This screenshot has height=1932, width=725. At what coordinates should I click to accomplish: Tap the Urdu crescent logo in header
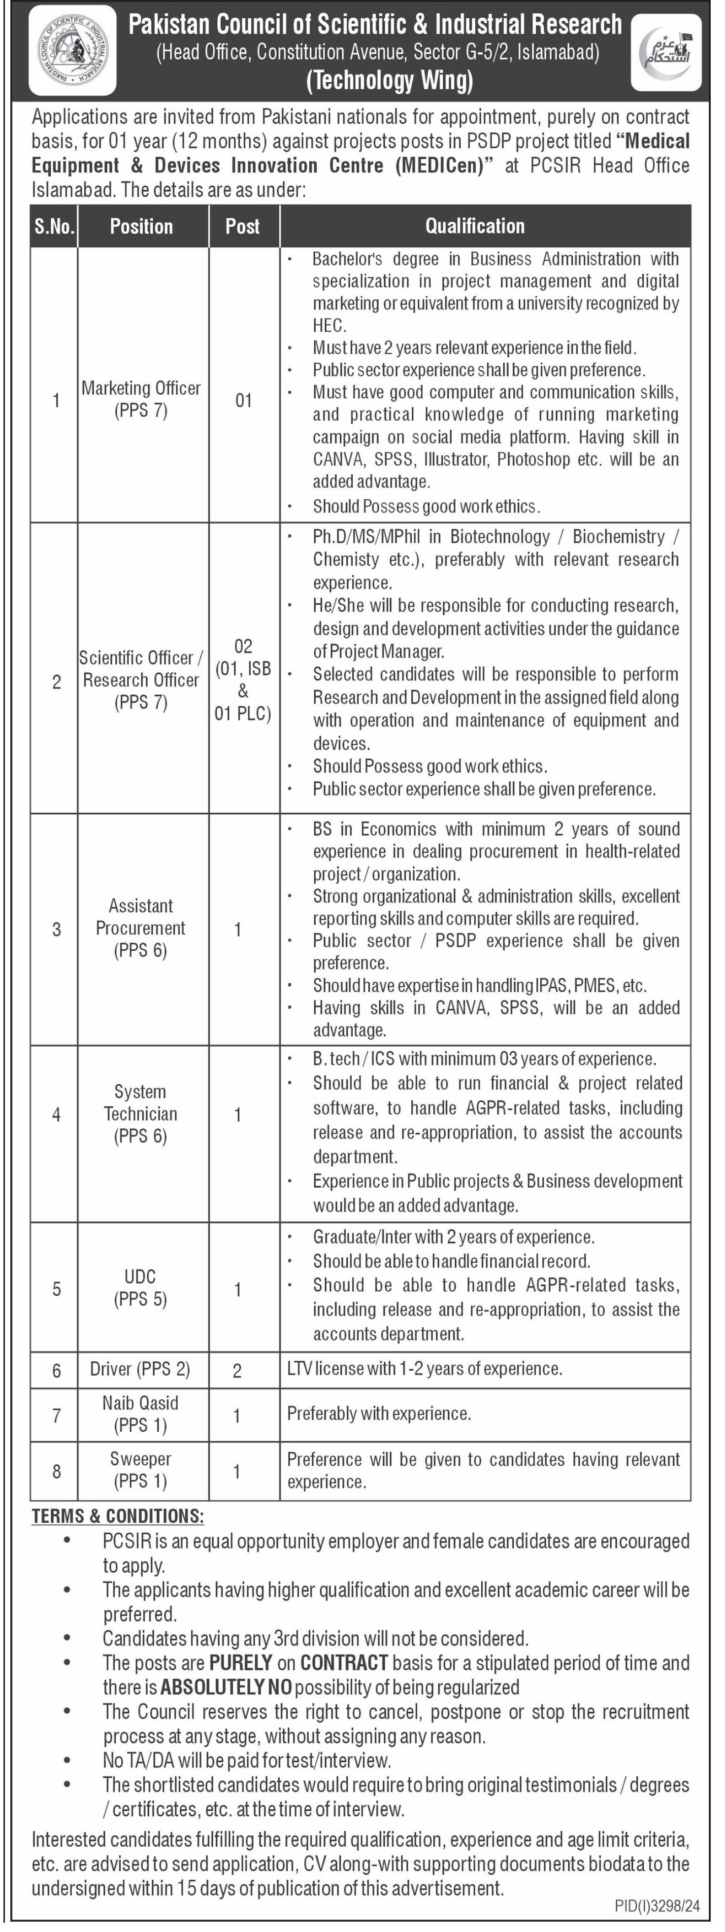click(x=666, y=53)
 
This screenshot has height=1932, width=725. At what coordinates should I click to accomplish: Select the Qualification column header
click(x=475, y=226)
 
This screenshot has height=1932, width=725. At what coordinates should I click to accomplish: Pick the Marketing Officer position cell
click(x=141, y=399)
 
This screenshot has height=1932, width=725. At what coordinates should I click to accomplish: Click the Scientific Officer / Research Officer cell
click(x=141, y=680)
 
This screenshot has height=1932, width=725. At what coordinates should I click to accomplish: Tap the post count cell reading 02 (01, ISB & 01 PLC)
click(x=243, y=680)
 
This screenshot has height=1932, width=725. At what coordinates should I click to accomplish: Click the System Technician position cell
click(x=141, y=1114)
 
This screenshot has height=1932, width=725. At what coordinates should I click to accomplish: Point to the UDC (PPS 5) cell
click(x=141, y=1288)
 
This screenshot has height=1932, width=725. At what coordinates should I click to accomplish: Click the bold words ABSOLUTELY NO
click(x=226, y=1688)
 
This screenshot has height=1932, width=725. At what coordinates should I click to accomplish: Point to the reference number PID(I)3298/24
click(x=657, y=1906)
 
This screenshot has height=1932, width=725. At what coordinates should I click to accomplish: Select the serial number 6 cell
click(x=56, y=1370)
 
